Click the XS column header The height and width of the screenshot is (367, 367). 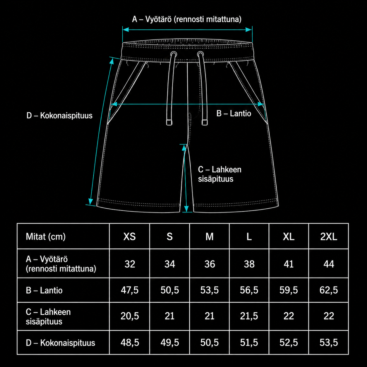[130, 236]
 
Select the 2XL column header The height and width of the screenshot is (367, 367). [329, 236]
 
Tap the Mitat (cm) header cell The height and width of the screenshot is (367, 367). [46, 237]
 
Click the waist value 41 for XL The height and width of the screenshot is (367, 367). [289, 264]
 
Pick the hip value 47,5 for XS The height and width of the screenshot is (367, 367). [130, 290]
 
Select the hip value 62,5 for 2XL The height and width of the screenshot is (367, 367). [329, 290]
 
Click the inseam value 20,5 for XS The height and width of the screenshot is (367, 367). [130, 316]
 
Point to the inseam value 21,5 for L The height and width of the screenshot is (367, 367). [249, 316]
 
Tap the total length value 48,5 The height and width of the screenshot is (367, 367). [130, 342]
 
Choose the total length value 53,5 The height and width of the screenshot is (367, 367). [329, 342]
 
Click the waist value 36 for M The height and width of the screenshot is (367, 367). [210, 264]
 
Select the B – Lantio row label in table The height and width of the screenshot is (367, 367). [44, 290]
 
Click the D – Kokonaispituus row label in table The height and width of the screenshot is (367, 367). [60, 343]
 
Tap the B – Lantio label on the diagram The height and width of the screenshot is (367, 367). [234, 114]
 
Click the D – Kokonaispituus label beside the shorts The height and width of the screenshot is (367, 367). [59, 116]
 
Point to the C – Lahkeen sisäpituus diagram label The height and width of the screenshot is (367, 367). [219, 174]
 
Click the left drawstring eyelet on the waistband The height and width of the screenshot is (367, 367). [173, 54]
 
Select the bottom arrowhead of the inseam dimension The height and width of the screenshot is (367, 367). [186, 209]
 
